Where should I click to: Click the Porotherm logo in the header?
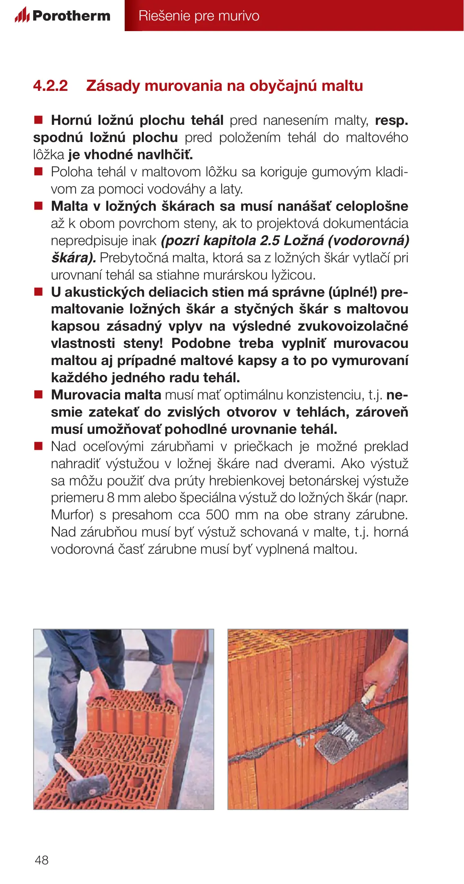(63, 16)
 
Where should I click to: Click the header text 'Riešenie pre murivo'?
(199, 16)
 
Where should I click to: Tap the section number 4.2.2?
(50, 86)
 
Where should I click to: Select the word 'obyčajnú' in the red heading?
(283, 86)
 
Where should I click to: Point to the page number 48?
(42, 860)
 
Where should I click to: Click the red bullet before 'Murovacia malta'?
(38, 395)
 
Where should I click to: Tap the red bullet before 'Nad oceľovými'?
(38, 446)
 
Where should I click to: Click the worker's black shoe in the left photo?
(62, 753)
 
